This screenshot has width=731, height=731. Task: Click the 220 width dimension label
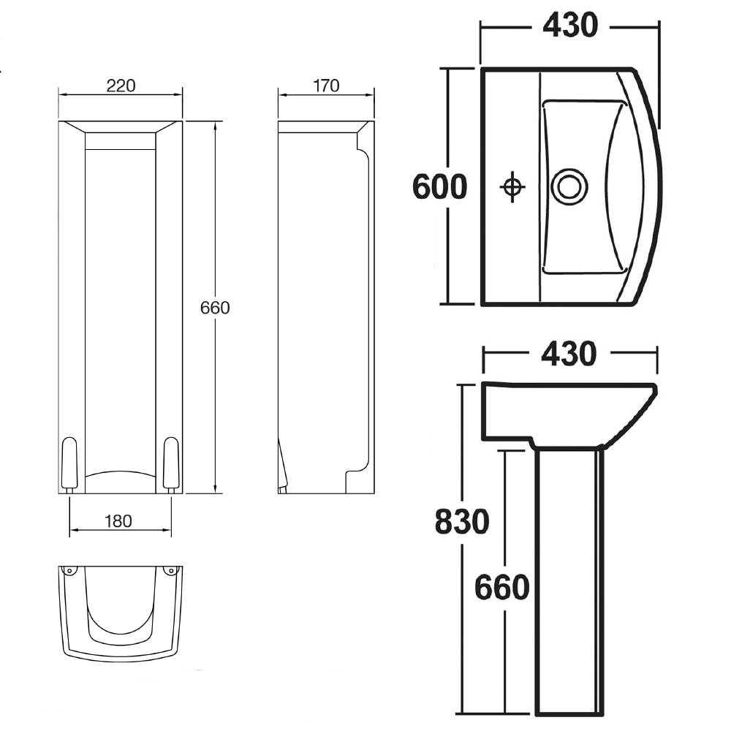pos(121,86)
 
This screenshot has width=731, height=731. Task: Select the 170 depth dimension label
pos(326,86)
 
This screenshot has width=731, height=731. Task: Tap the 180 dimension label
pos(118,521)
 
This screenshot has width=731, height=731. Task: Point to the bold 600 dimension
pos(439,187)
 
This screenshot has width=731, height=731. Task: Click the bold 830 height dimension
pos(461,523)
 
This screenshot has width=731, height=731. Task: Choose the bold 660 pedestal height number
pos(501,587)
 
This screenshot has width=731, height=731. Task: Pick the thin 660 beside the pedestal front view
pos(216,308)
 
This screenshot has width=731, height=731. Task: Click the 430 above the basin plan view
pos(570,26)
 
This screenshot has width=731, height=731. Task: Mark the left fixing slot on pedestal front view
pos(71,463)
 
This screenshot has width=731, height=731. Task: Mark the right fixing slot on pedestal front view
pos(171,463)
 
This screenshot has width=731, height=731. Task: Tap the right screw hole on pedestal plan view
pos(171,570)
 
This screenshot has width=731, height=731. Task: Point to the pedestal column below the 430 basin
pos(569,577)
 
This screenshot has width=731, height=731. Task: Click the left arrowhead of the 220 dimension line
pos(61,95)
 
